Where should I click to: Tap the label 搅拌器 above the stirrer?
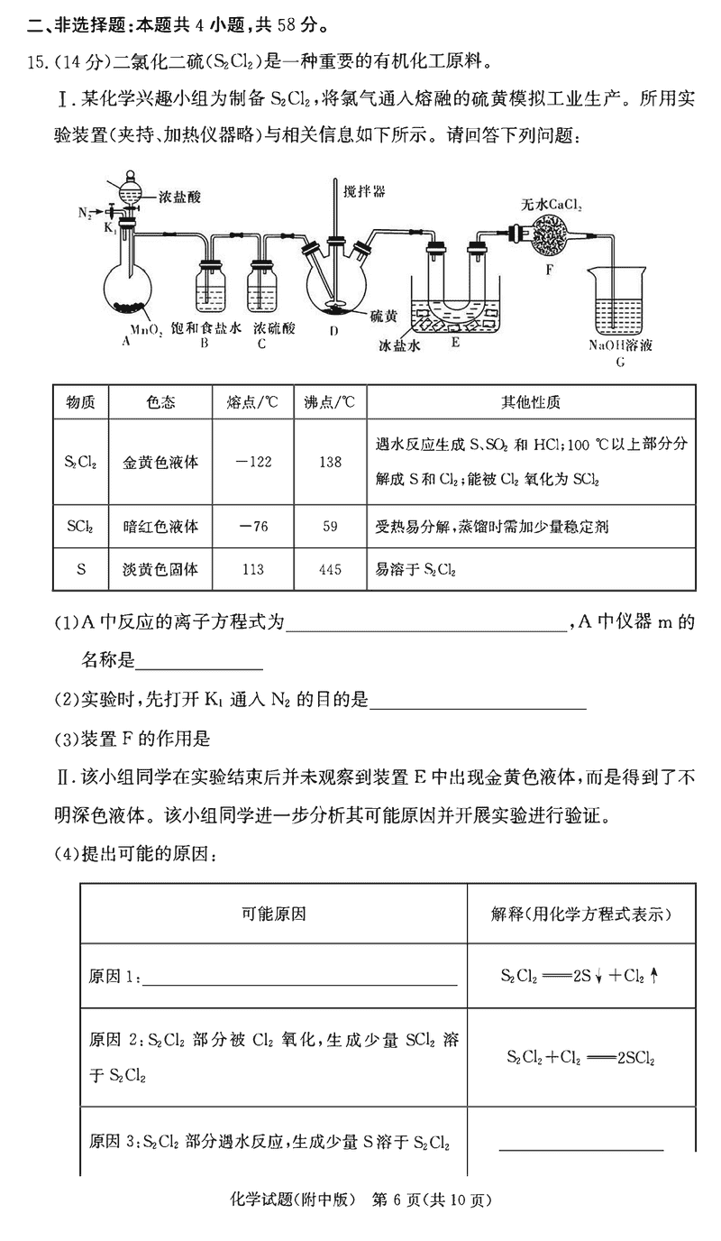click(362, 191)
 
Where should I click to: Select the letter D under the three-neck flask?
click(333, 331)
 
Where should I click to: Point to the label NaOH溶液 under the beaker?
click(620, 345)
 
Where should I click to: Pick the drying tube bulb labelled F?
click(550, 236)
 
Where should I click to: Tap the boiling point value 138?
click(330, 462)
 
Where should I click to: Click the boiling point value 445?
click(330, 569)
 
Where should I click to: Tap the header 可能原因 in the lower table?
click(273, 914)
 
